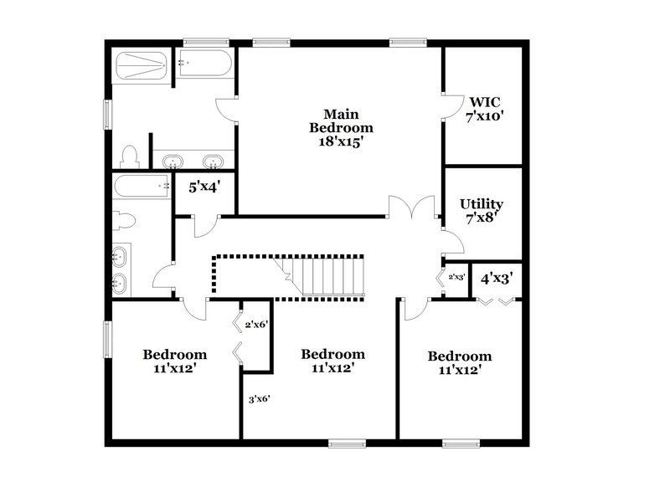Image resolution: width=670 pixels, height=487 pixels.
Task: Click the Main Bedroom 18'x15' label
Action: tap(341, 128)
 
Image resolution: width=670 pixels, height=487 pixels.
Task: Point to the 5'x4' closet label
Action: tap(204, 187)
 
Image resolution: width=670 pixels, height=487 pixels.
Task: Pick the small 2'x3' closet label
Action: tap(456, 277)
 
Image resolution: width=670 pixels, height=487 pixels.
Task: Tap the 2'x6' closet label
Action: tap(255, 325)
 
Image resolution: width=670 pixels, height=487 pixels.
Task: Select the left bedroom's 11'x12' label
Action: tap(174, 361)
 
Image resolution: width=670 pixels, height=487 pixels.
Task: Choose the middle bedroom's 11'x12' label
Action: tap(332, 361)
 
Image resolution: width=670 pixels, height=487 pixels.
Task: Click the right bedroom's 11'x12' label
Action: tap(460, 362)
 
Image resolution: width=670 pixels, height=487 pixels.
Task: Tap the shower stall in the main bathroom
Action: tap(142, 65)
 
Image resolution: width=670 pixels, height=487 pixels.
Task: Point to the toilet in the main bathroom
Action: tap(129, 156)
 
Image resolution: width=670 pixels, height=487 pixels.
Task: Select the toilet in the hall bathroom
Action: tap(124, 219)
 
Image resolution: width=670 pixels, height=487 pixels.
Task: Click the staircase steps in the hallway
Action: tap(322, 276)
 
